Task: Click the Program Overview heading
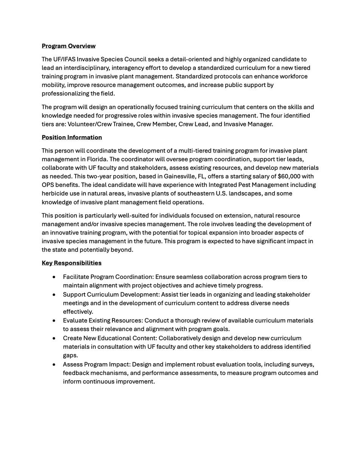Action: coord(69,46)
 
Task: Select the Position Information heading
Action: coord(72,137)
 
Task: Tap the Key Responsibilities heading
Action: coord(72,263)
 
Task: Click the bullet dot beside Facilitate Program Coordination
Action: coord(55,277)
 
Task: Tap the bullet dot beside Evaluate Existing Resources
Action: coord(55,320)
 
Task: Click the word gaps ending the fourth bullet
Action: coord(70,355)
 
